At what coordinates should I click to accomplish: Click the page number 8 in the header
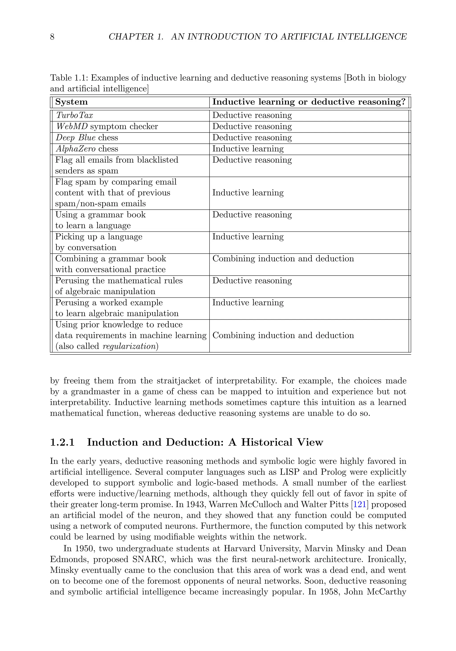click(52, 37)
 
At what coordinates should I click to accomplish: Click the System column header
click(71, 102)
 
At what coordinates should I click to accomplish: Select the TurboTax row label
click(74, 115)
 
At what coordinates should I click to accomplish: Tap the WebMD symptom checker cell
click(107, 127)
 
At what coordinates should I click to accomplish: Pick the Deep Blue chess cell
click(87, 138)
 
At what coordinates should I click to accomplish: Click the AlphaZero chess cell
click(87, 149)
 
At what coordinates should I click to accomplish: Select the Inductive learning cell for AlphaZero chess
click(248, 149)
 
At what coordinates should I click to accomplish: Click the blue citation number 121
click(360, 504)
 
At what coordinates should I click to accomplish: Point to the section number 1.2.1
click(62, 442)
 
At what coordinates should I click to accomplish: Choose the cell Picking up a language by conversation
click(99, 242)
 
